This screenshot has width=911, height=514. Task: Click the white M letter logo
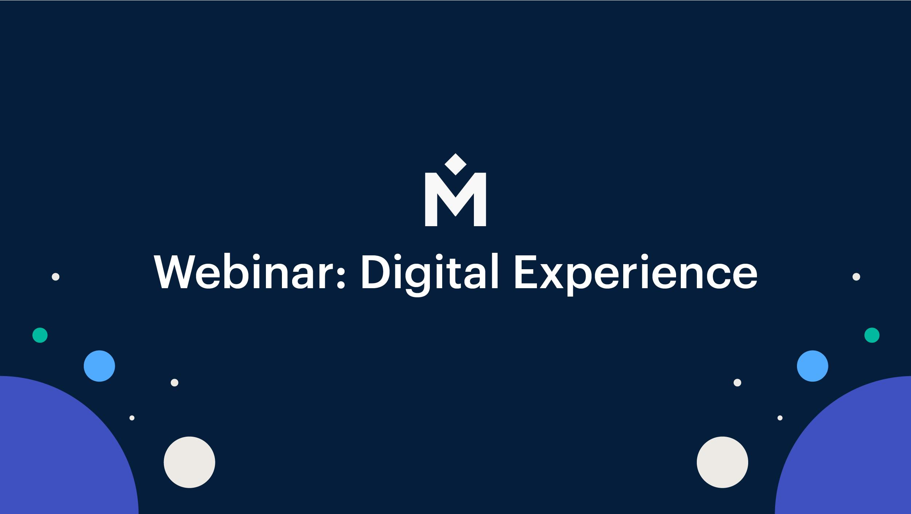455,199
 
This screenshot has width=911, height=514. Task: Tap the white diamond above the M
455,164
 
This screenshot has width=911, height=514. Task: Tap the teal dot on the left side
40,335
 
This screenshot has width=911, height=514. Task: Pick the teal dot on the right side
872,335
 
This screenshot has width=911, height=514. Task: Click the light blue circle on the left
99,366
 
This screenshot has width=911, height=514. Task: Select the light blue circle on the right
813,366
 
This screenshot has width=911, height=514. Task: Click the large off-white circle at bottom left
189,462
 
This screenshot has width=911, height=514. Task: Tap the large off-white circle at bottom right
723,462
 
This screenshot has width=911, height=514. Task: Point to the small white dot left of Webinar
56,277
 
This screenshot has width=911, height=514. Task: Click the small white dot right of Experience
856,277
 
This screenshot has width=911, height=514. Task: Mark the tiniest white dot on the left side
132,418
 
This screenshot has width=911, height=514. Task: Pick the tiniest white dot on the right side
780,418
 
